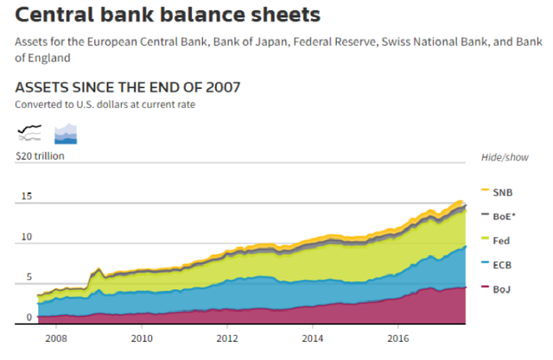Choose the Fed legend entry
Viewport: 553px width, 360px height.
pos(500,242)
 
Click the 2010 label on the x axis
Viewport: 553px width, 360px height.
pos(143,338)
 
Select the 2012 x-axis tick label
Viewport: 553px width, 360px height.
pos(227,338)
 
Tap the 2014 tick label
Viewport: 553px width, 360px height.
pos(313,338)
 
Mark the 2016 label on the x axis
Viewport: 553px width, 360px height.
pos(397,338)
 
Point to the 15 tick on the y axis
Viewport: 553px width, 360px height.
pos(26,197)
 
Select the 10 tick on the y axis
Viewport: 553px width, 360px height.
pos(26,237)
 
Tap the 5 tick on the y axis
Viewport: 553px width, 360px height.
pos(28,277)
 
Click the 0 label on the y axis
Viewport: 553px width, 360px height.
pos(28,318)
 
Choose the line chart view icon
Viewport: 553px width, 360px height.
pos(29,132)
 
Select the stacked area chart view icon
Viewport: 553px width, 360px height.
pos(67,133)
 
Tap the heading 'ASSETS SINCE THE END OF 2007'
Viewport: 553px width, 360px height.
pos(128,87)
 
